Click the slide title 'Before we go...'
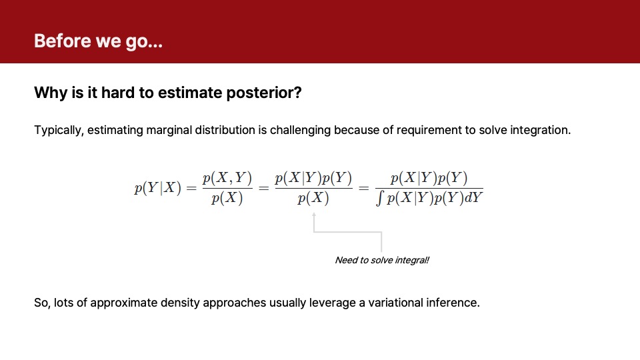click(98, 41)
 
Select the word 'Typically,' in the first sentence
click(59, 130)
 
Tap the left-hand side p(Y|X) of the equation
click(157, 188)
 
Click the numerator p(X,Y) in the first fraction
click(227, 178)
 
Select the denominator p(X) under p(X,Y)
click(227, 199)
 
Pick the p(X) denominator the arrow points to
click(313, 199)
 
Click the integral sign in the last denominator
click(380, 199)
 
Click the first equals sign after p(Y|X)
click(191, 188)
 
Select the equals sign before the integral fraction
click(364, 188)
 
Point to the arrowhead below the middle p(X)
click(314, 215)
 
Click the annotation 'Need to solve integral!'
click(381, 260)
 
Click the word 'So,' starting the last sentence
click(42, 303)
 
